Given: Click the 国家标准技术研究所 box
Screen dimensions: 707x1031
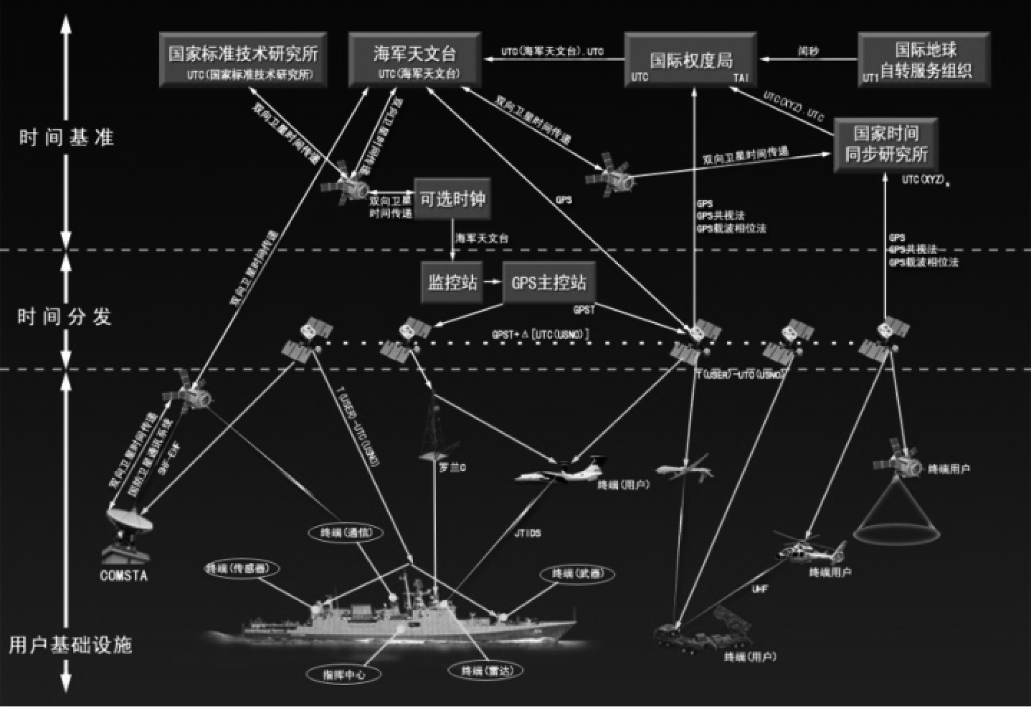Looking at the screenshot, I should pyautogui.click(x=243, y=59).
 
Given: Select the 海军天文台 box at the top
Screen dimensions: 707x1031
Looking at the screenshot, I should pyautogui.click(x=415, y=59).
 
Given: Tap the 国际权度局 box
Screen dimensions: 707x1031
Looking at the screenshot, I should pyautogui.click(x=691, y=59).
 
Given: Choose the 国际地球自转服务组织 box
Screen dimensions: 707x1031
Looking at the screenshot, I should pyautogui.click(x=924, y=59).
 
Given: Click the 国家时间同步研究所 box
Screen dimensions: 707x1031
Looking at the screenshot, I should pyautogui.click(x=886, y=145).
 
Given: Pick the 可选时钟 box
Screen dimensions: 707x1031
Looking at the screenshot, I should pyautogui.click(x=452, y=199).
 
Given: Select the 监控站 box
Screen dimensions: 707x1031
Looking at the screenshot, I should pyautogui.click(x=452, y=282).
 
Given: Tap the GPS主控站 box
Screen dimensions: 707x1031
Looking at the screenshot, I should pyautogui.click(x=548, y=282).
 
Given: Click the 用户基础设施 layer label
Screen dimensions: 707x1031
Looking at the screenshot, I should pyautogui.click(x=70, y=645).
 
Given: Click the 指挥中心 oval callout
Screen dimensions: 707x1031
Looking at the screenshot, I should pyautogui.click(x=344, y=674).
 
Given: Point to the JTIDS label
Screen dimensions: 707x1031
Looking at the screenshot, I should pyautogui.click(x=527, y=533).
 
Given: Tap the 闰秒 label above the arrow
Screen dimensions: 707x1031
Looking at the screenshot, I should pyautogui.click(x=808, y=51).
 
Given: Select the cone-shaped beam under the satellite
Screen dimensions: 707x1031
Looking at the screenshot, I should pyautogui.click(x=896, y=512).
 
